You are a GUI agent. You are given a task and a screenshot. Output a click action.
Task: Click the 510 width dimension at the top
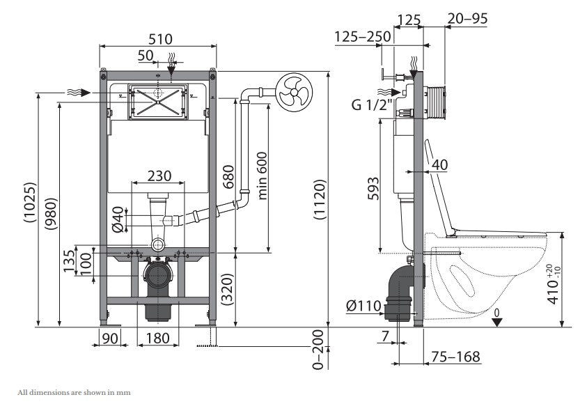click(x=161, y=39)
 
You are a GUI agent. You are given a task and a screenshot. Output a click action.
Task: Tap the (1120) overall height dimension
click(x=320, y=199)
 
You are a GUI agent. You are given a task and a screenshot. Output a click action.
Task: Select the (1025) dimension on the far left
click(x=30, y=203)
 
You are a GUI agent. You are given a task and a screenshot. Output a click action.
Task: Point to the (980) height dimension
click(x=51, y=213)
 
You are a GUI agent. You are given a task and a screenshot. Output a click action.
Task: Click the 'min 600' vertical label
click(x=262, y=176)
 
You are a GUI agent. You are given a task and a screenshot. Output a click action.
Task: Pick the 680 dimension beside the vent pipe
click(x=228, y=176)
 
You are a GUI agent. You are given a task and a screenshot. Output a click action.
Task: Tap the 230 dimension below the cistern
click(x=159, y=176)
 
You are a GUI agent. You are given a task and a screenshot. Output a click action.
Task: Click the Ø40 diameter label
click(x=118, y=219)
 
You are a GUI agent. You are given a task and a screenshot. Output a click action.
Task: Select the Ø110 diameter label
click(x=363, y=306)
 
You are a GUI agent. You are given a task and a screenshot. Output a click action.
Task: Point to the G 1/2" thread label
click(x=372, y=104)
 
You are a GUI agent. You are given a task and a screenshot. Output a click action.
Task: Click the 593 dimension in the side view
click(x=373, y=188)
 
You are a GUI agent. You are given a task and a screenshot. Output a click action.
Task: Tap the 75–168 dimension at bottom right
click(x=455, y=357)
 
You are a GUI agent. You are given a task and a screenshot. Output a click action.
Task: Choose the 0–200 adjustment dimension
click(x=318, y=349)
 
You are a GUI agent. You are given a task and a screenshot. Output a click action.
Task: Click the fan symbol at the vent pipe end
click(x=294, y=92)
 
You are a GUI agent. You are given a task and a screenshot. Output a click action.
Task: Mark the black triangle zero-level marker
click(x=496, y=322)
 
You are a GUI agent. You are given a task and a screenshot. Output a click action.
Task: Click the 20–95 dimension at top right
click(x=467, y=18)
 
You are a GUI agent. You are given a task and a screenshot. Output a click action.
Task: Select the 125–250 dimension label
click(x=362, y=37)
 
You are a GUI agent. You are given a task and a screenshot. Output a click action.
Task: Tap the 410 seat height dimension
click(x=554, y=283)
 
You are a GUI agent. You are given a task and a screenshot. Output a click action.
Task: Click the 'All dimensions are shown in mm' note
click(x=74, y=392)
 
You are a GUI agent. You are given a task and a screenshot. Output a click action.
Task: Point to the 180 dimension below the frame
click(x=157, y=338)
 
